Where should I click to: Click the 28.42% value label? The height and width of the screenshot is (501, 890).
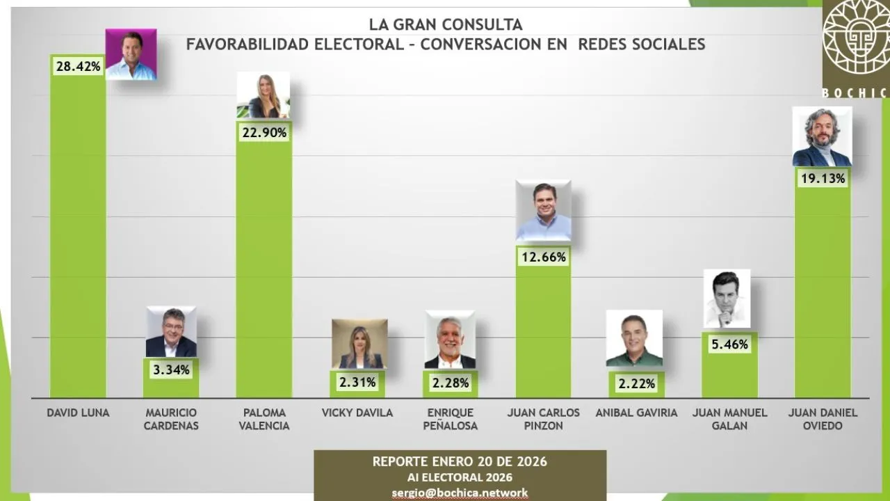coord(78,67)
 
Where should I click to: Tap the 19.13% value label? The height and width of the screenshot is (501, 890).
coord(822,179)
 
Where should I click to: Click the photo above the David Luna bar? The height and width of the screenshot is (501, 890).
coord(131,54)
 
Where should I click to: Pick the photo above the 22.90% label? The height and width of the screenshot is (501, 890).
coord(263,95)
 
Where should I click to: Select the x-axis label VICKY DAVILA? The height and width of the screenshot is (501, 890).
coord(357,413)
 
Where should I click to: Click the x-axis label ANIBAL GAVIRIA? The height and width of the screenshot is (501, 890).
coord(636,413)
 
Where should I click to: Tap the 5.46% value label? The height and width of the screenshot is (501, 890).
coord(729,344)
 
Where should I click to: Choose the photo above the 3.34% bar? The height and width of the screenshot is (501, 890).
coord(171,332)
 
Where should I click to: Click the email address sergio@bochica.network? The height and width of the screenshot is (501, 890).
coord(460,493)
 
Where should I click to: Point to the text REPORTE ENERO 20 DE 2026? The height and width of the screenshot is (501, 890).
coord(460,462)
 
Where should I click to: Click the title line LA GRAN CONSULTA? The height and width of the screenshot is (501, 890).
coord(446,25)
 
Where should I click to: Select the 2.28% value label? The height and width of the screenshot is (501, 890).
coord(451,382)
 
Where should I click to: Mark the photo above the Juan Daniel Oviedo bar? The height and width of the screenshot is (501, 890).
coord(821,137)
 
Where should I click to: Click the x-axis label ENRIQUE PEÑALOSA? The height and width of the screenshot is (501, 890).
coord(451,419)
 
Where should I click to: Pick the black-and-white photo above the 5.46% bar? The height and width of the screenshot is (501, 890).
coord(727,299)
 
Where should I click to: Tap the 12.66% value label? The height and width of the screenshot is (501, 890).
coord(544,257)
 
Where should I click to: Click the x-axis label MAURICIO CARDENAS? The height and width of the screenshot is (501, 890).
coord(171,419)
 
